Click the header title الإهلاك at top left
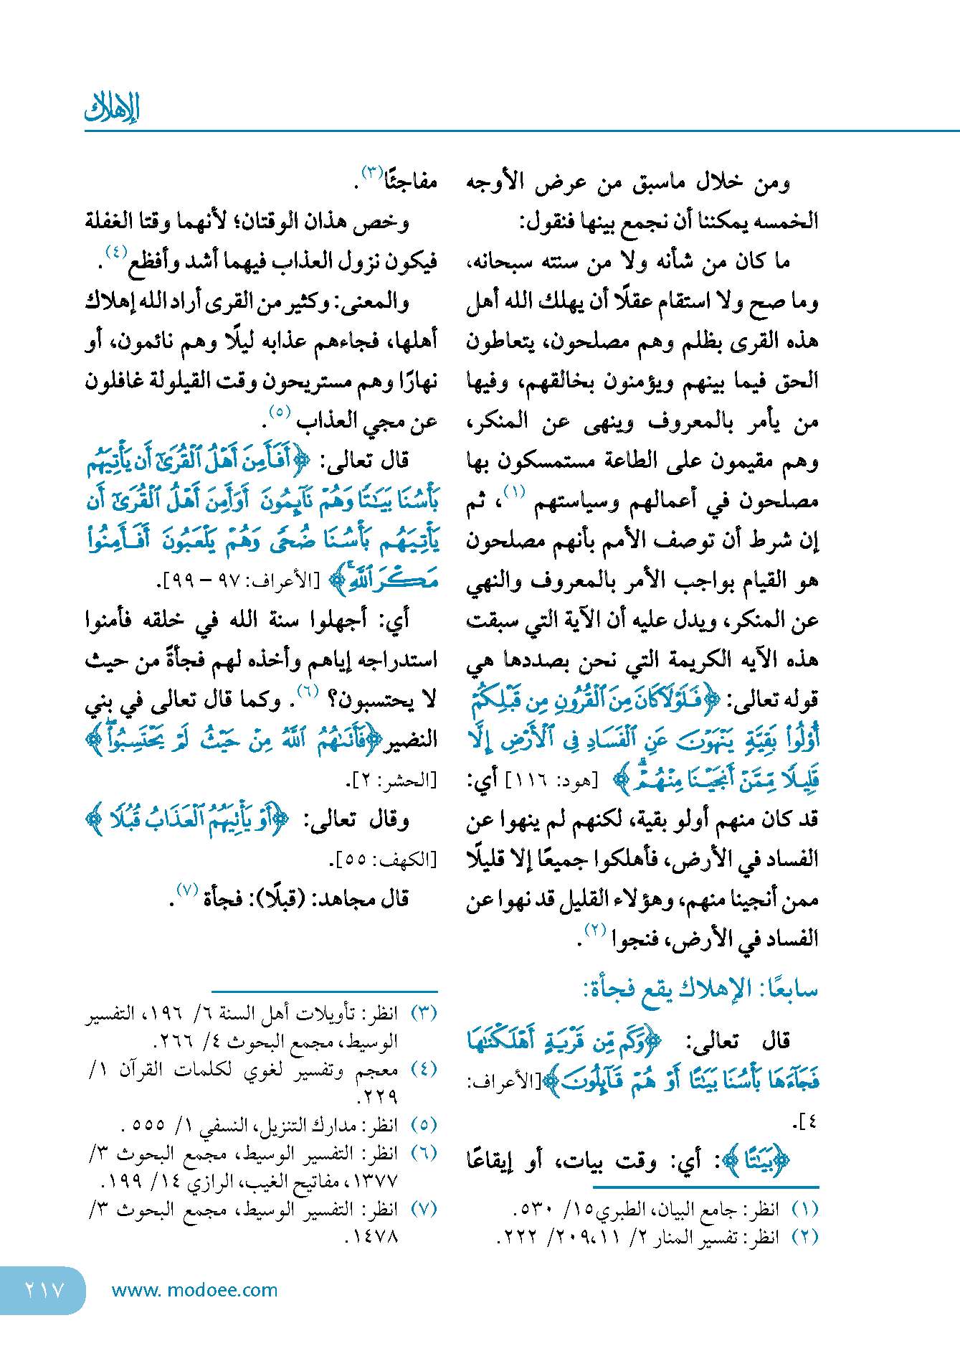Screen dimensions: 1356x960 point(112,108)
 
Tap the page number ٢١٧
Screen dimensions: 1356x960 point(44,1290)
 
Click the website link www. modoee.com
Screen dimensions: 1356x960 point(194,1290)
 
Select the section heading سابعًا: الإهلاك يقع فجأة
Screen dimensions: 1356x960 point(700,989)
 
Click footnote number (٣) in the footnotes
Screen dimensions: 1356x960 point(424,1013)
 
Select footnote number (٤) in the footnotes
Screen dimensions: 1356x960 point(424,1069)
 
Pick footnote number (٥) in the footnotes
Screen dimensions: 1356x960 point(424,1125)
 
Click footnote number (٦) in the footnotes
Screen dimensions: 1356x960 point(424,1153)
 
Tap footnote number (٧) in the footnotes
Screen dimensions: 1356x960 point(424,1209)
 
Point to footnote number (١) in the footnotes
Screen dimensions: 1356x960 point(804,1209)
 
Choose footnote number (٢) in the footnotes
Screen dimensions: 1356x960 point(804,1237)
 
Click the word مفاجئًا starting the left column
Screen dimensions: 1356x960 point(411,182)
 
